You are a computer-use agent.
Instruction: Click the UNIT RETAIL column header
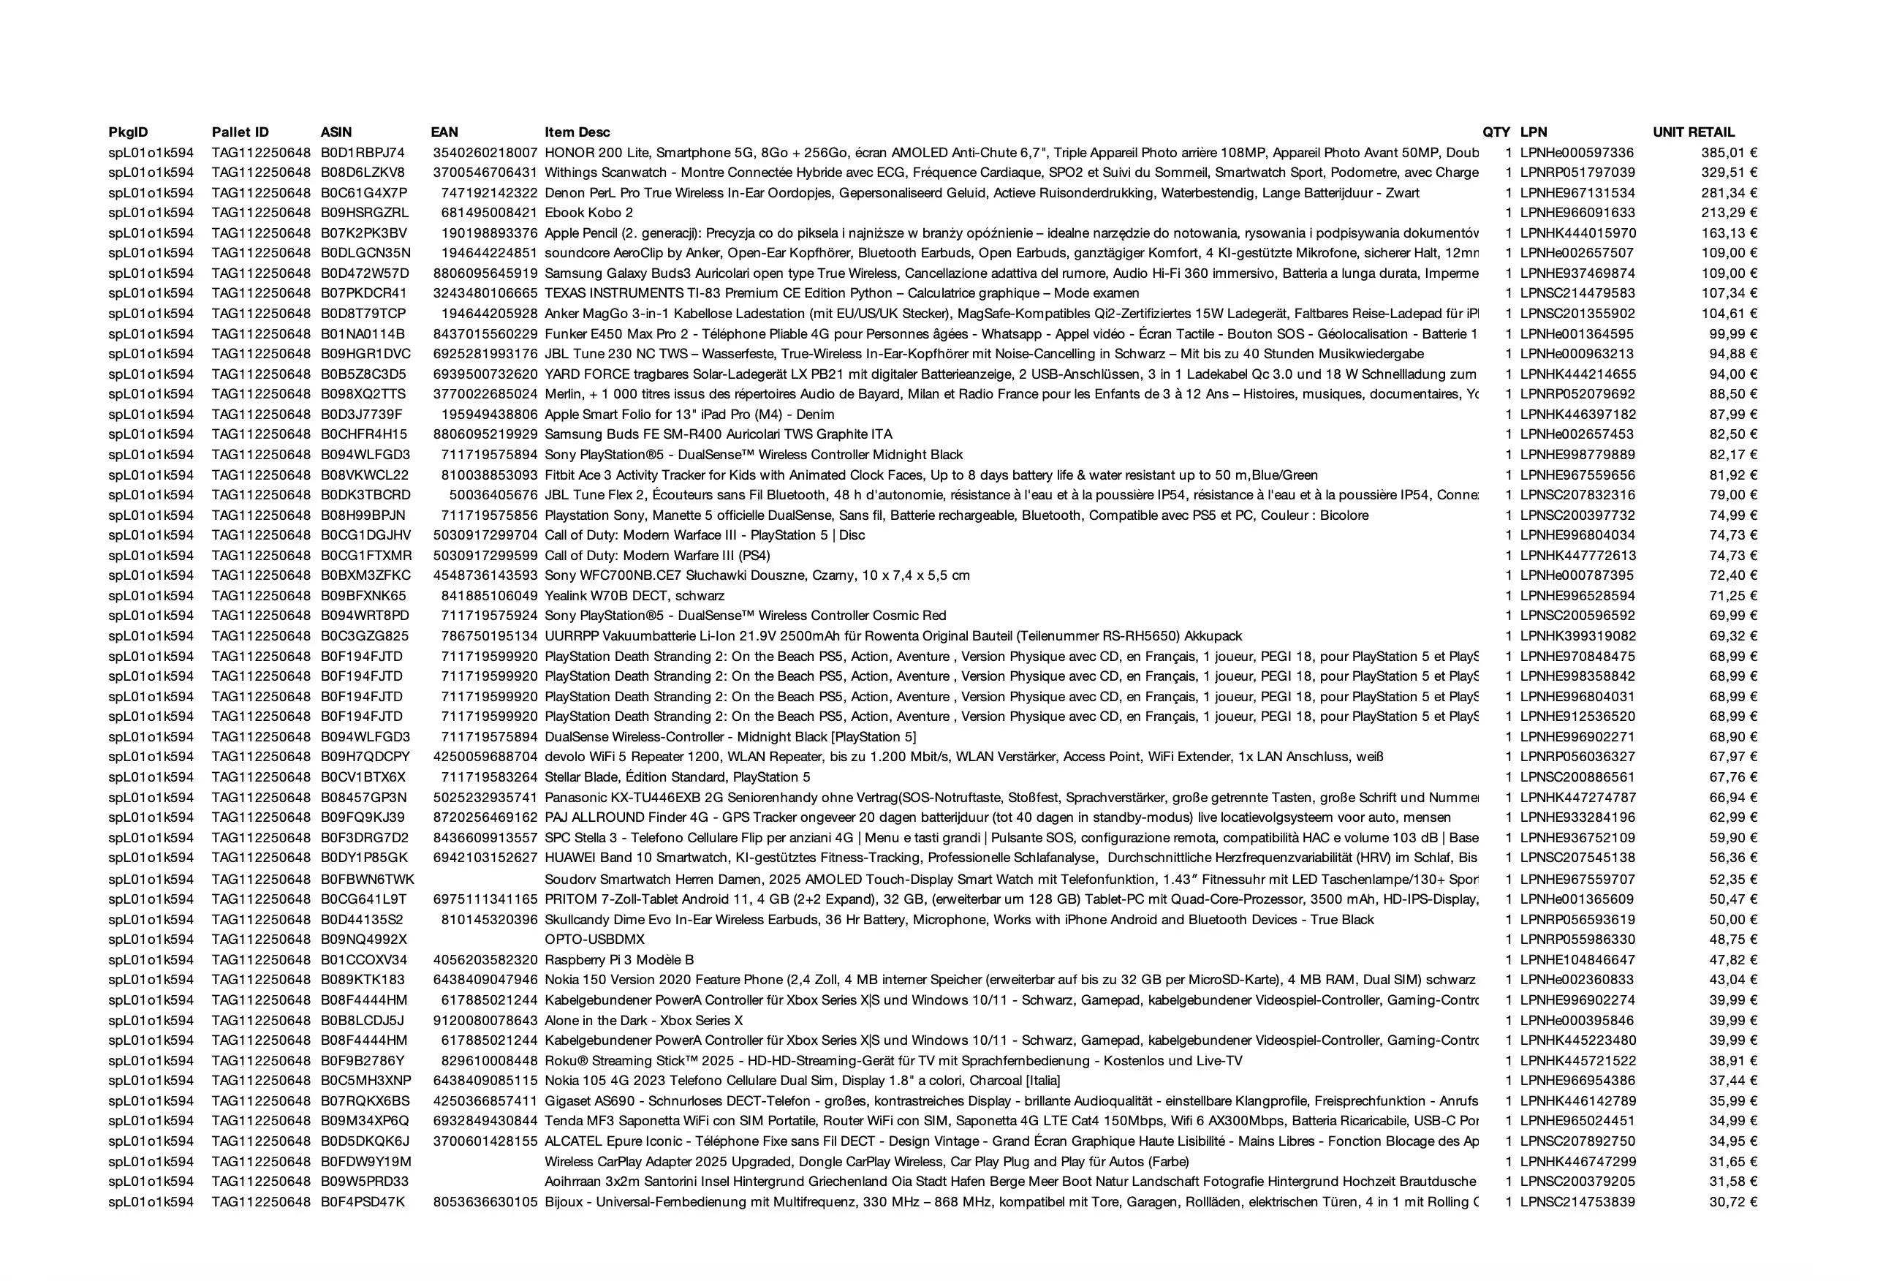(1694, 132)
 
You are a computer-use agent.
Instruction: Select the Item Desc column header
(577, 132)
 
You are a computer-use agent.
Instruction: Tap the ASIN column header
(336, 132)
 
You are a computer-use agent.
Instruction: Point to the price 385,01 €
(1729, 152)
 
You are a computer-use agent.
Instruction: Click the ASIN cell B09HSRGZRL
(365, 213)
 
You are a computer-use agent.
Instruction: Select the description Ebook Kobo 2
(588, 213)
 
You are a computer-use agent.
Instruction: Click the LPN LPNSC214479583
(1577, 293)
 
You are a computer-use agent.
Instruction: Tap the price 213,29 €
(1729, 213)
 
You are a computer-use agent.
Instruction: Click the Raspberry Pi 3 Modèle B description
(619, 960)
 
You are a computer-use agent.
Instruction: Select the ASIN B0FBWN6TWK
(367, 879)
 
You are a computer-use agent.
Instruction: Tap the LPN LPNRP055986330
(1577, 940)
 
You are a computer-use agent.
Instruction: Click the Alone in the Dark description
(643, 1021)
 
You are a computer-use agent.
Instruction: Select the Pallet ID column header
(240, 132)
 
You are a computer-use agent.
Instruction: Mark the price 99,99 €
(1733, 334)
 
